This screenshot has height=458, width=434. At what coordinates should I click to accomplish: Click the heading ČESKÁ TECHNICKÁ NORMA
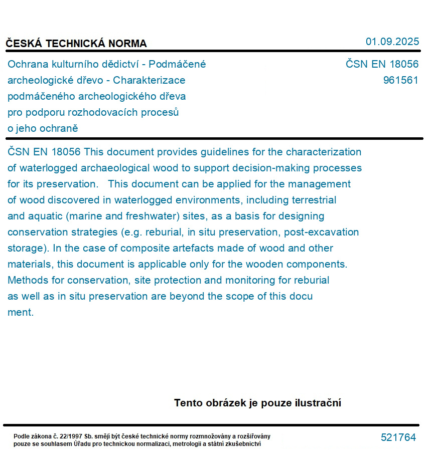76,44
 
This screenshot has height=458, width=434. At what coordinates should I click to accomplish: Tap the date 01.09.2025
392,42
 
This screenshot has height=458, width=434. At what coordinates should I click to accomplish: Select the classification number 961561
400,80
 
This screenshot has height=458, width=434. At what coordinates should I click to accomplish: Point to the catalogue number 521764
398,437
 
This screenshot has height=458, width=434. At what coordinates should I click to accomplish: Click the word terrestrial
314,200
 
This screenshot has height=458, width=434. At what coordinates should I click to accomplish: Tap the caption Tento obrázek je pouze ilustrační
257,403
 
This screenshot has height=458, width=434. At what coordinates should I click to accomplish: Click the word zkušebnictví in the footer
243,443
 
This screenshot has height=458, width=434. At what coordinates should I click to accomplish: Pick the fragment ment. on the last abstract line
21,312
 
